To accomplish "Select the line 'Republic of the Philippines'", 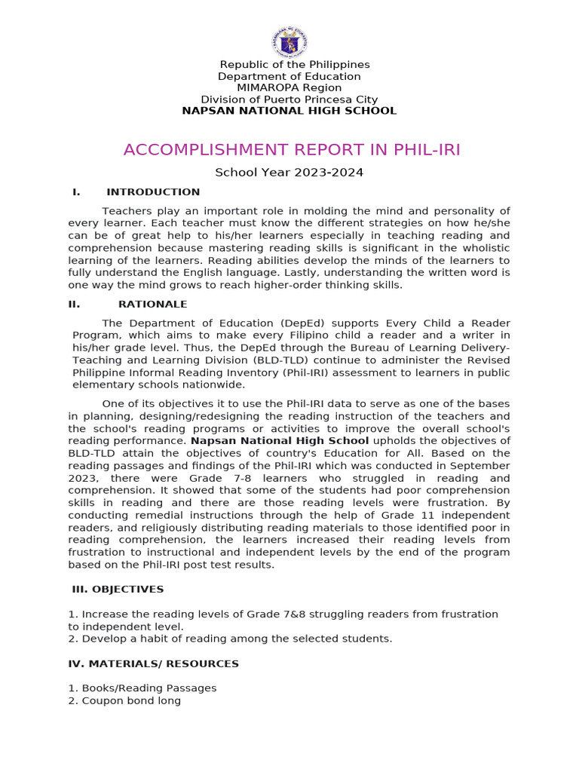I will (x=294, y=65).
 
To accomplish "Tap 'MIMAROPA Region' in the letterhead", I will (x=289, y=87).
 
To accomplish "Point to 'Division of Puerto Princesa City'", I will (x=289, y=100).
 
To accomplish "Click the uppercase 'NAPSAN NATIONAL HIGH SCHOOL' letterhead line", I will (x=289, y=111).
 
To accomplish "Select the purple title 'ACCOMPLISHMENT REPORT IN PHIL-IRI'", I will (x=292, y=150).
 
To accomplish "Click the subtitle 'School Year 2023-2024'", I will (x=289, y=173).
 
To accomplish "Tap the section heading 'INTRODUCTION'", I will (x=153, y=192).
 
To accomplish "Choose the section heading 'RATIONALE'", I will (x=152, y=305).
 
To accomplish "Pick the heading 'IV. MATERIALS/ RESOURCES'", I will (x=154, y=664).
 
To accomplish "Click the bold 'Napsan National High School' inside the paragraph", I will (x=280, y=441).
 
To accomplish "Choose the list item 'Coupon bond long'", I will (x=131, y=700).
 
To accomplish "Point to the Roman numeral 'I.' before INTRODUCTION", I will (x=76, y=192).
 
